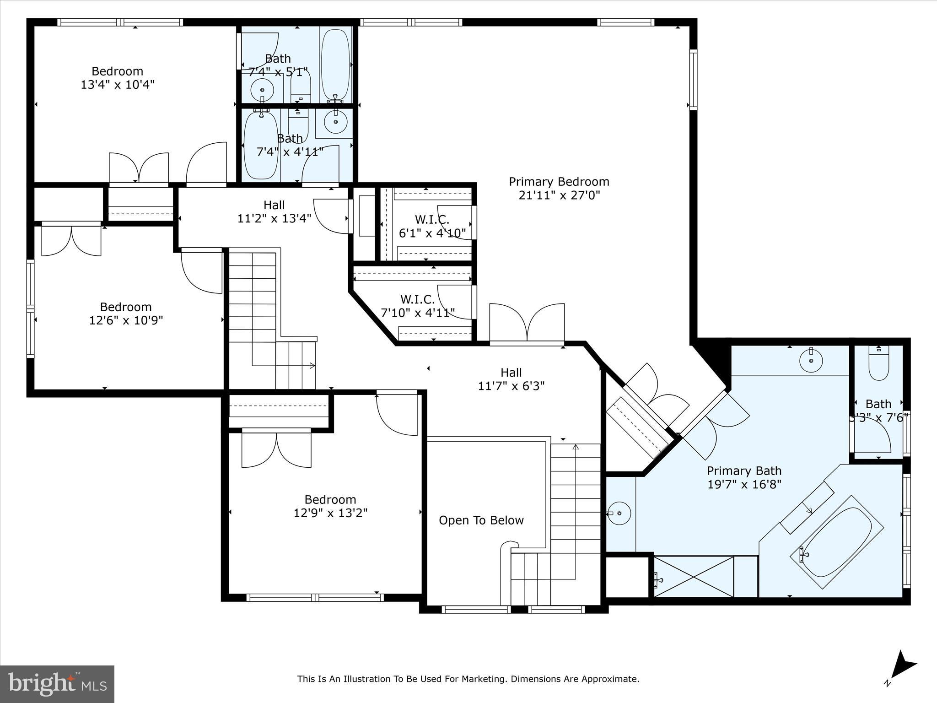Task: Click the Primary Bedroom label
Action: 559,182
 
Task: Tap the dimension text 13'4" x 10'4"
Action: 118,85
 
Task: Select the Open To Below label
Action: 481,520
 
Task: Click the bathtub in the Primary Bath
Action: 837,542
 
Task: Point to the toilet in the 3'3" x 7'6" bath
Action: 878,364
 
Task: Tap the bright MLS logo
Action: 57,684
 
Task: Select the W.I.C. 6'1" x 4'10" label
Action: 432,227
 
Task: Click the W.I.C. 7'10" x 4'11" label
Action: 417,306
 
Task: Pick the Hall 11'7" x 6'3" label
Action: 511,379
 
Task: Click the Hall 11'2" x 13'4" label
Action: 274,211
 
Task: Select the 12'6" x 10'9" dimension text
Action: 126,320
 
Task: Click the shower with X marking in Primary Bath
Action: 694,577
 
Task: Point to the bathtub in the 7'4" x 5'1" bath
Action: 335,64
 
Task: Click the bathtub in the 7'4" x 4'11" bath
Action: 261,146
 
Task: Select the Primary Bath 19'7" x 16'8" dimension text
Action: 744,484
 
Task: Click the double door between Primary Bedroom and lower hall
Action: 527,323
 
